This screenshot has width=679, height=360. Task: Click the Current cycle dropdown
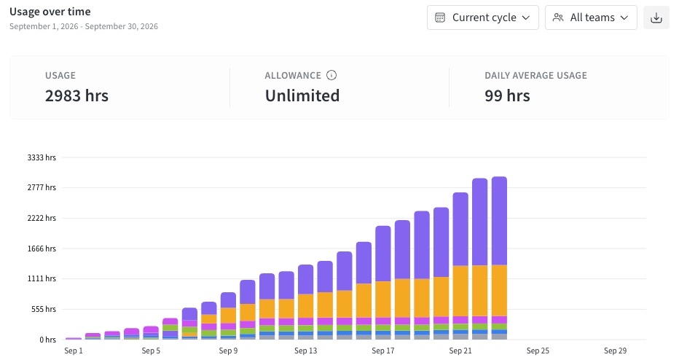point(483,17)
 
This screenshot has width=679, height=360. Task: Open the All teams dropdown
point(591,17)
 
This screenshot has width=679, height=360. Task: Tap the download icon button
point(656,17)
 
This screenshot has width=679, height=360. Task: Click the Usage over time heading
point(50,12)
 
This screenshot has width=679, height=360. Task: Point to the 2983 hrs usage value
point(76,95)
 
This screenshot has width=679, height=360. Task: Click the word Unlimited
point(302,95)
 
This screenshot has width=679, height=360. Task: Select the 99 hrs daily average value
point(507,95)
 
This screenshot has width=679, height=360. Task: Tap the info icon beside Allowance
point(331,75)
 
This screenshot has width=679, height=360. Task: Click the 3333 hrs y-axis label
point(42,157)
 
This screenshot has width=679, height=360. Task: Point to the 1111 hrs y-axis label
point(42,278)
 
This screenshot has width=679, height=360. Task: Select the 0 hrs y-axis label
point(47,340)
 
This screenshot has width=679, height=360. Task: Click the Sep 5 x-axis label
point(151,351)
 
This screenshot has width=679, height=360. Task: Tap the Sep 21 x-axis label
point(460,351)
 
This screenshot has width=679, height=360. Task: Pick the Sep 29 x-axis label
point(615,351)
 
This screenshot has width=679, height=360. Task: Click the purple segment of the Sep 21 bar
point(460,229)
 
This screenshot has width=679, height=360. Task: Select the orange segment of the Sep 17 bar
point(383,300)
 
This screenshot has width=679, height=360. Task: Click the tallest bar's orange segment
point(499,291)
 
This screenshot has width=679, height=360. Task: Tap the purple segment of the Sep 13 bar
point(306,279)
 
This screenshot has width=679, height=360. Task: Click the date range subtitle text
point(84,26)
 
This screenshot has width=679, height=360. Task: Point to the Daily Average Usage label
point(535,75)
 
